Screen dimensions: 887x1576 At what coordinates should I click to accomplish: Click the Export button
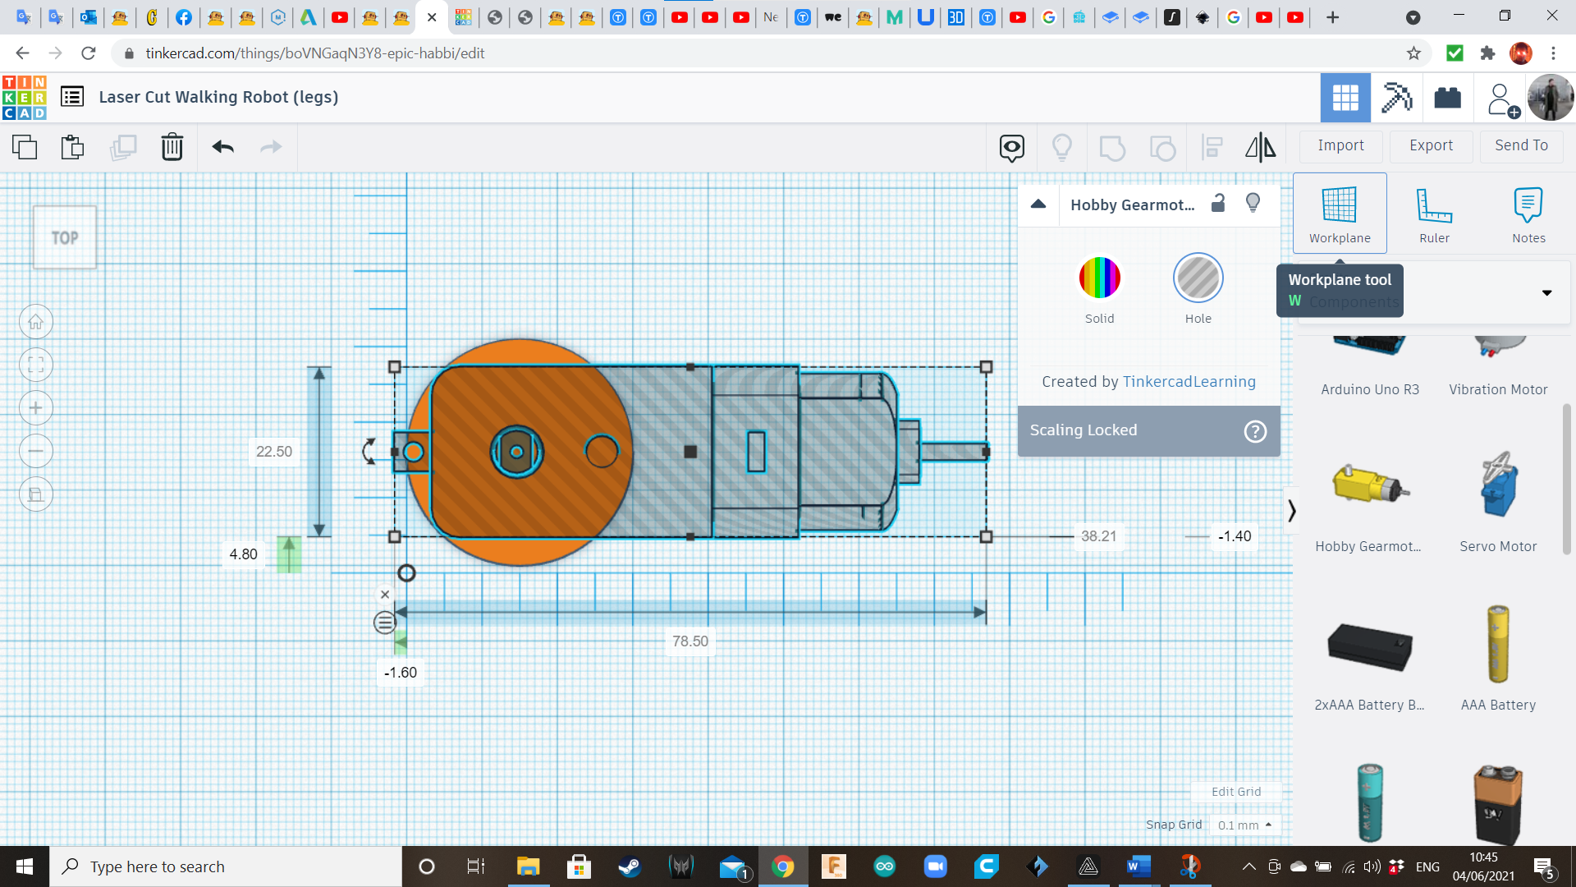tap(1431, 145)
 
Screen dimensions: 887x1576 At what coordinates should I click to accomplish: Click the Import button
tap(1340, 145)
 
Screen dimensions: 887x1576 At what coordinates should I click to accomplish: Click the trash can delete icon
tap(172, 147)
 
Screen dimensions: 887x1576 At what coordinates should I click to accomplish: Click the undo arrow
tap(222, 147)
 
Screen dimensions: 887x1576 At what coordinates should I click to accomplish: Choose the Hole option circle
tap(1198, 278)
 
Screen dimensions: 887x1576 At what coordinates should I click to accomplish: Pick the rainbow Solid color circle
tap(1099, 278)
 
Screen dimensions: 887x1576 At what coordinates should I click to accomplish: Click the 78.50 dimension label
tap(689, 641)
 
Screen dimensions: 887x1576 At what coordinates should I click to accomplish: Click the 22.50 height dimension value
tap(273, 452)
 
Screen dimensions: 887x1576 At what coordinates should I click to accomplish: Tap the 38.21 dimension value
tap(1098, 536)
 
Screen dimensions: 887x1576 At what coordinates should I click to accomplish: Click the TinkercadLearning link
tap(1189, 382)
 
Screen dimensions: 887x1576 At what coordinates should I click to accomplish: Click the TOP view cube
tap(65, 237)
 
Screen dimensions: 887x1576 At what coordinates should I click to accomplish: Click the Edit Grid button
tap(1235, 792)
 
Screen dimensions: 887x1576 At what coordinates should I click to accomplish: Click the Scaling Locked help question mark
tap(1255, 431)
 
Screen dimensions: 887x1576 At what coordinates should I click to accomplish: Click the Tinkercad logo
tap(25, 98)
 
